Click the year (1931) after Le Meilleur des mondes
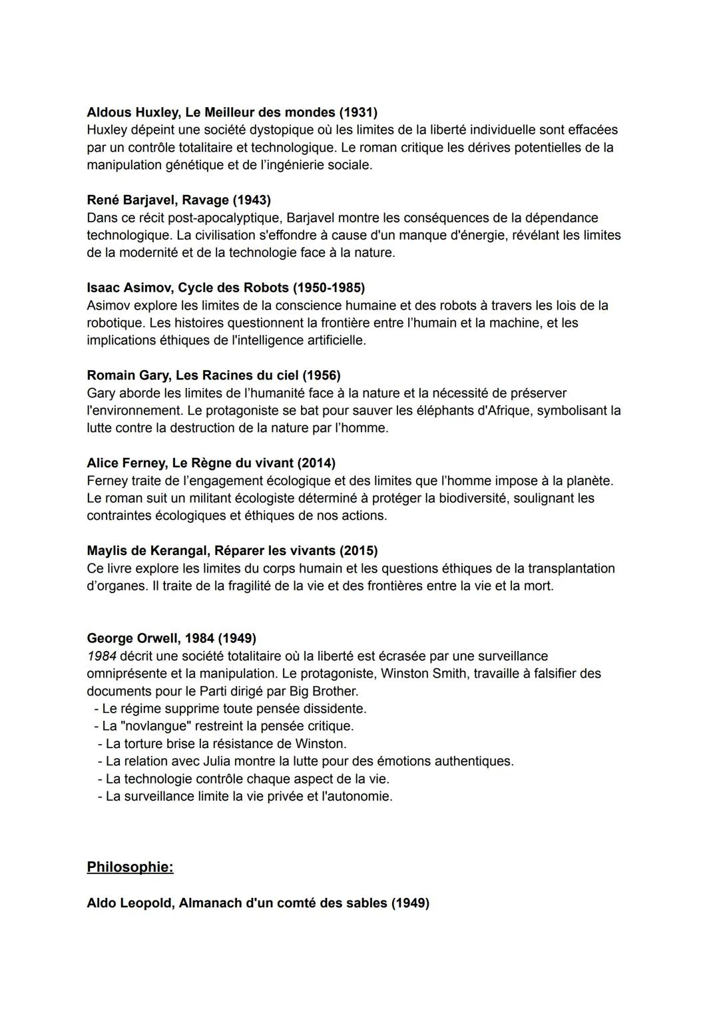pos(358,112)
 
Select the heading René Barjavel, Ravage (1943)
pos(178,200)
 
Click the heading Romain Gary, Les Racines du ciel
pos(213,376)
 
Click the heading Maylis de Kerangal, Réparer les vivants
pos(232,551)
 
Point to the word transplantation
pos(571,568)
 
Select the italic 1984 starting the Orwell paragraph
pos(101,656)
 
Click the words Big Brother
pos(324,691)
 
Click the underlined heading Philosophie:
pos(130,867)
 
